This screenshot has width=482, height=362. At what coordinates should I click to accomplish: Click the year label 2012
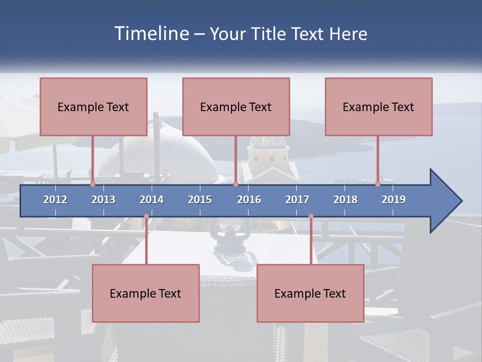(55, 200)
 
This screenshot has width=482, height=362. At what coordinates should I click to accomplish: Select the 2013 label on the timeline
(103, 200)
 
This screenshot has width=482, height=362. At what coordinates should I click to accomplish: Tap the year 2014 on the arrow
(152, 200)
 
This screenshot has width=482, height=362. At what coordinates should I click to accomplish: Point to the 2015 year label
(200, 200)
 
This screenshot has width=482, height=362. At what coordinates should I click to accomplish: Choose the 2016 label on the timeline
(249, 200)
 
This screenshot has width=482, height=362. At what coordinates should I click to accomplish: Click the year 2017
(297, 200)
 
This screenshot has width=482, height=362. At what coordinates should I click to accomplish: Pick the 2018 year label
(345, 200)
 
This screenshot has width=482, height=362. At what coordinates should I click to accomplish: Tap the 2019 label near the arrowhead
(394, 200)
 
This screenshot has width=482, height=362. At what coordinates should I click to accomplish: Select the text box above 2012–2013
(93, 107)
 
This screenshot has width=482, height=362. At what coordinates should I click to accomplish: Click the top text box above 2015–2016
(236, 107)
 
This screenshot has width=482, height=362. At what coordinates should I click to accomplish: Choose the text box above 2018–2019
(379, 107)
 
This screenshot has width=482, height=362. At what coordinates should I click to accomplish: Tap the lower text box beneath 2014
(146, 293)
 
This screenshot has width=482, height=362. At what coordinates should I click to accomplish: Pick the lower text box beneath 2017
(310, 293)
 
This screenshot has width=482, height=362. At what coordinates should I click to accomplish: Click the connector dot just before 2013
(92, 184)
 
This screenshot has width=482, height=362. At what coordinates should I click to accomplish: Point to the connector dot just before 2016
(235, 184)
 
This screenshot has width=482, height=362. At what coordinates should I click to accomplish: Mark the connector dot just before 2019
(378, 184)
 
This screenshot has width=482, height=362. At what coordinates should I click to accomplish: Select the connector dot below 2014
(146, 216)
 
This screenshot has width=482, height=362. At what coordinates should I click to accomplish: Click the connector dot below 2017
(311, 216)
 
